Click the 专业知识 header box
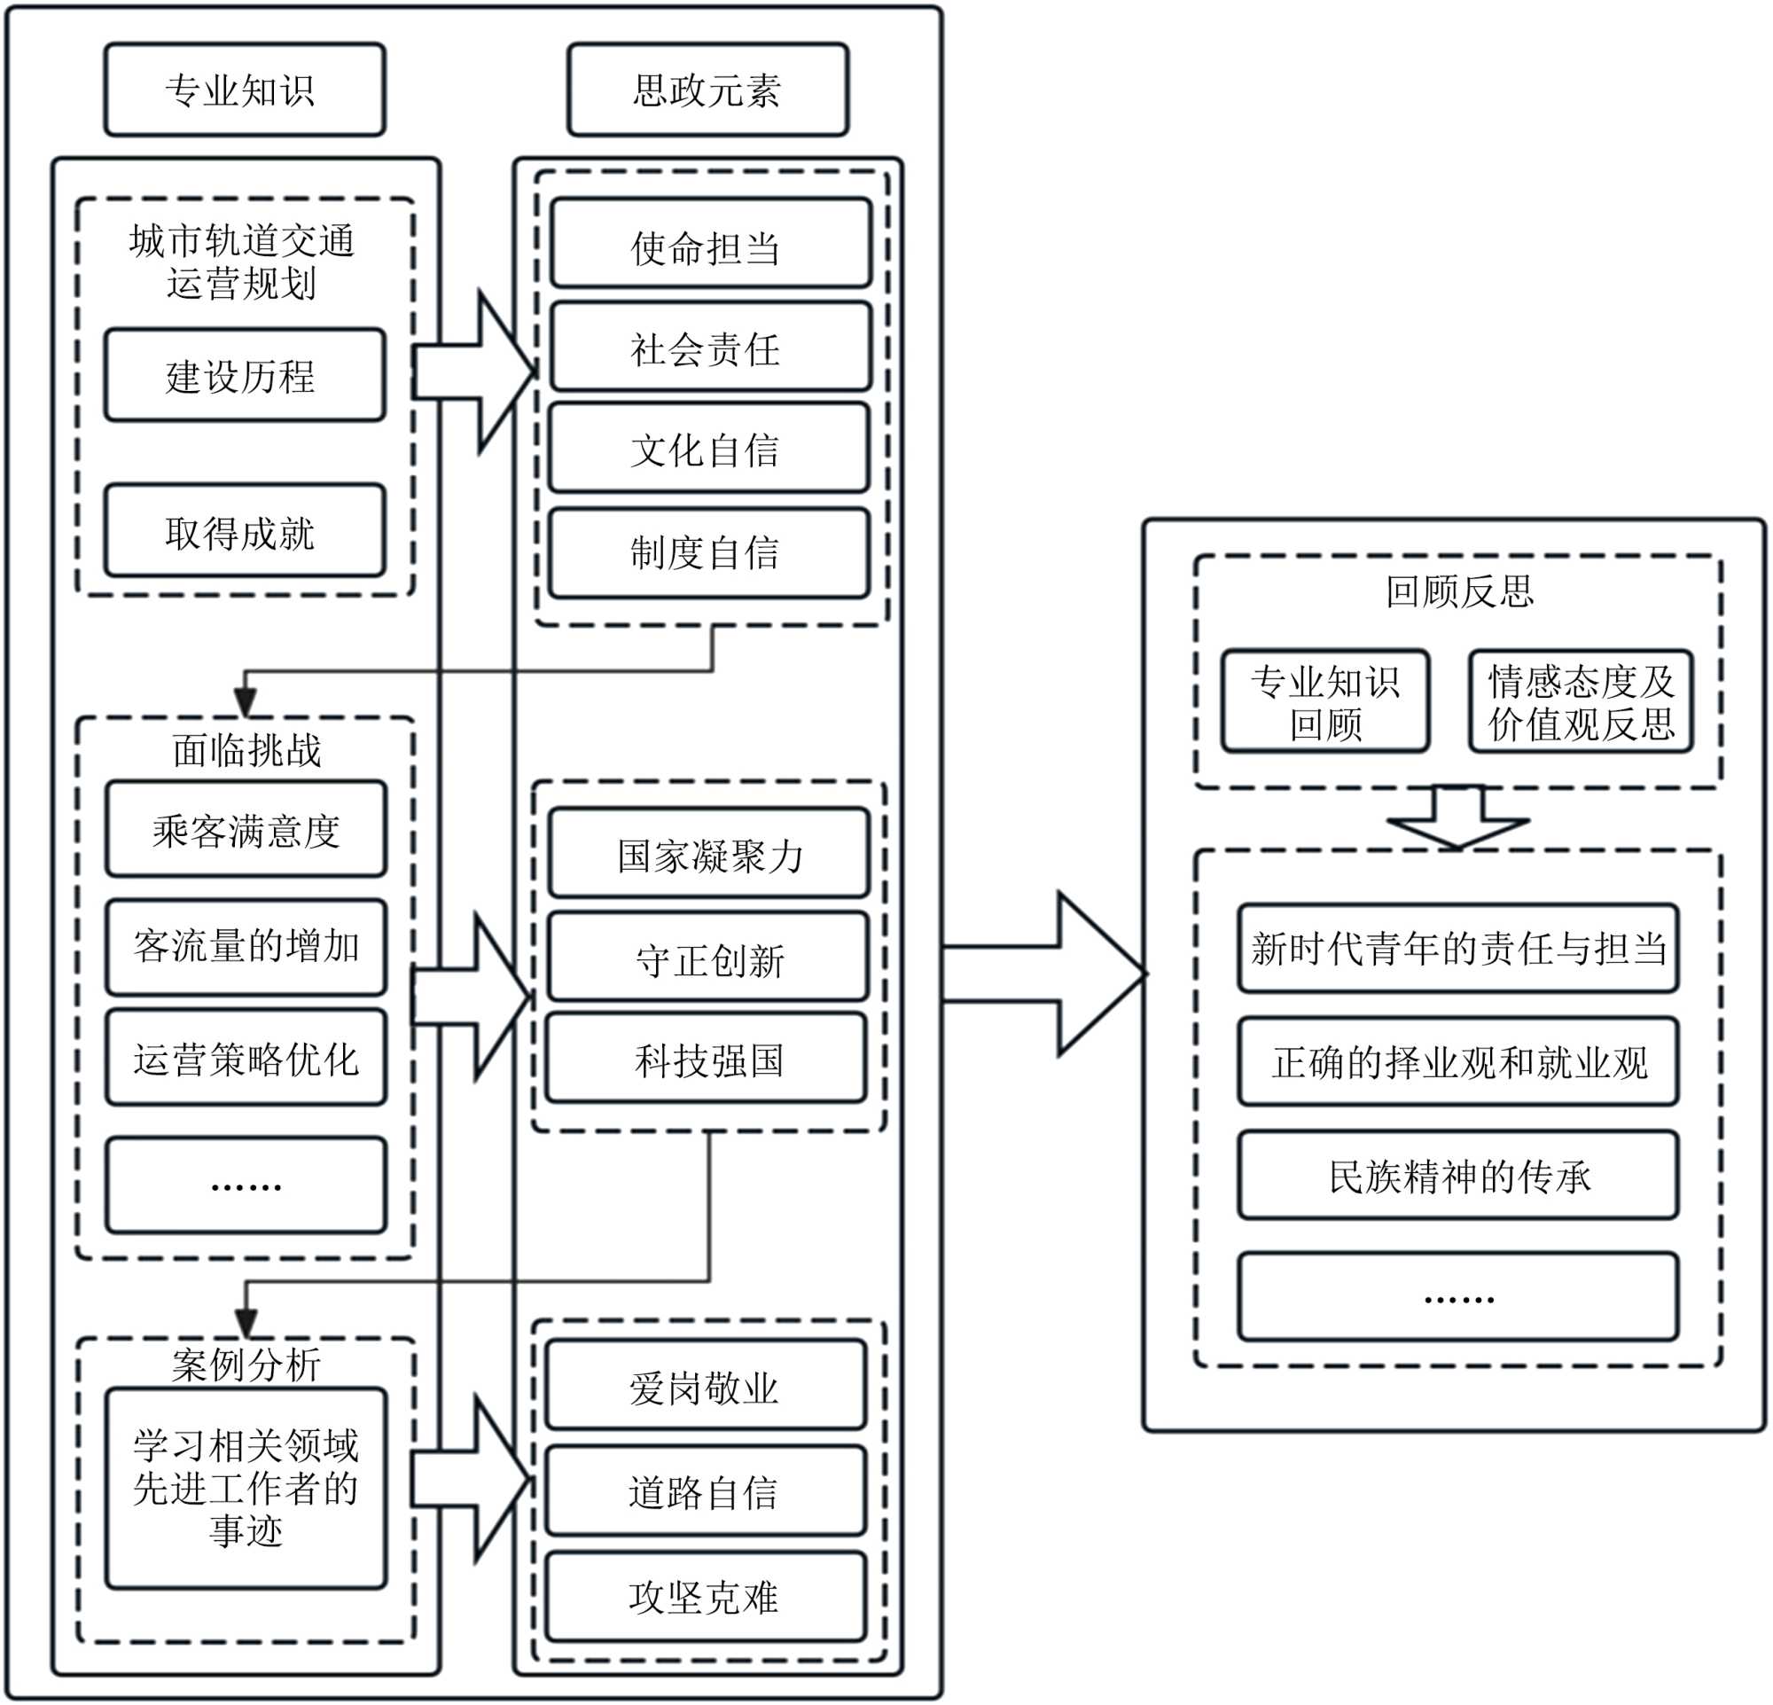click(245, 90)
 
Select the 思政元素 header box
click(707, 90)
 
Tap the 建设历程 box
click(245, 375)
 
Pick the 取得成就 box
click(245, 531)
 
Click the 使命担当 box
click(710, 243)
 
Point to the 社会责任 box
click(710, 347)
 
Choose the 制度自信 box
click(708, 552)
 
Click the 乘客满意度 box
click(246, 829)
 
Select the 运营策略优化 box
click(246, 1058)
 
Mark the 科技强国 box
click(707, 1059)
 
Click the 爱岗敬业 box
click(707, 1386)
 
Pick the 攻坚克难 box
click(707, 1598)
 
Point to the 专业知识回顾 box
click(1325, 701)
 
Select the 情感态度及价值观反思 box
click(1581, 701)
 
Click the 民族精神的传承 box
click(1458, 1175)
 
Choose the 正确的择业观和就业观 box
click(1458, 1061)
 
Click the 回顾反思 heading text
click(1459, 590)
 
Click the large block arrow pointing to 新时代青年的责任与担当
click(1045, 974)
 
